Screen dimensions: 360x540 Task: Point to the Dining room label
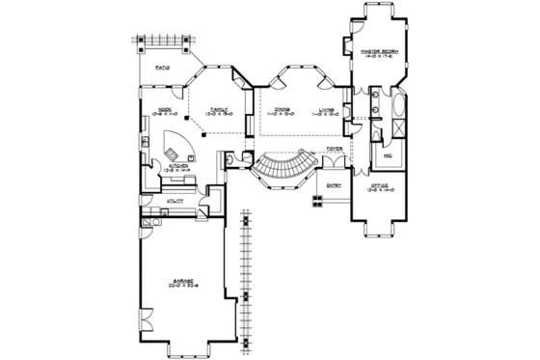coord(282,110)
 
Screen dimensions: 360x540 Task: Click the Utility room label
coord(175,201)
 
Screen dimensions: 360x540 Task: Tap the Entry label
coord(334,185)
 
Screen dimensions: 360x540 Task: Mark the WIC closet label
coord(388,154)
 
